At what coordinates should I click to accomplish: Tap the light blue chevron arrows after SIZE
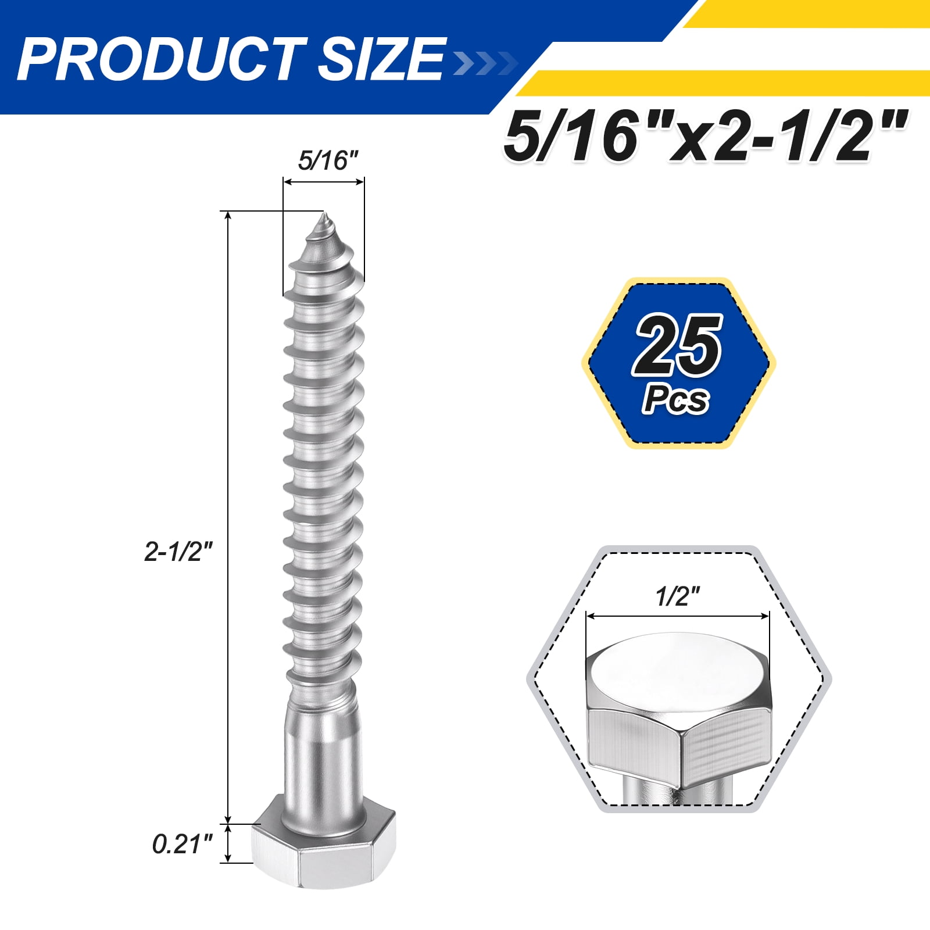click(484, 63)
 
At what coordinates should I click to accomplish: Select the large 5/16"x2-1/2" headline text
click(705, 137)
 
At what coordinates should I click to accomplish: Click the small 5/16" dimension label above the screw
click(328, 160)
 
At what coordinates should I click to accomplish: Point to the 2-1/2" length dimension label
click(179, 551)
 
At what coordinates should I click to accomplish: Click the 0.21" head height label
click(183, 845)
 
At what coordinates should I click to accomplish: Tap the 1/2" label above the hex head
click(678, 596)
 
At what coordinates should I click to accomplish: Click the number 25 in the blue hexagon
click(678, 346)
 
